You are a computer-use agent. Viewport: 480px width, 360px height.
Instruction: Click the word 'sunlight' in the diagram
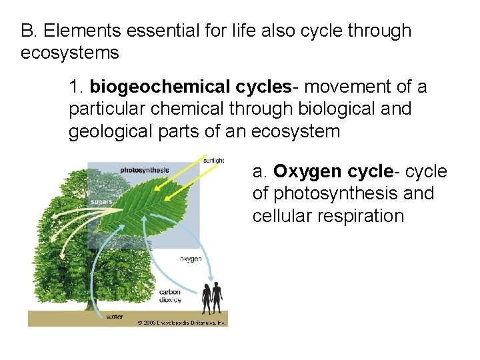coord(213,161)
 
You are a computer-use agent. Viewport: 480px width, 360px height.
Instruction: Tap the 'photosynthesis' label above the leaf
coord(144,171)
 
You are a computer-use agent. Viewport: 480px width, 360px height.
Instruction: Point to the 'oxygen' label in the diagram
coord(191,259)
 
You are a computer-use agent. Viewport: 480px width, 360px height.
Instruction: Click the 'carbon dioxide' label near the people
coord(169,296)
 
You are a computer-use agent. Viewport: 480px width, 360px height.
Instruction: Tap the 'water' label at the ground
coord(114,316)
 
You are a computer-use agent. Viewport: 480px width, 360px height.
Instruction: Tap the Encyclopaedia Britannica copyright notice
coord(181,322)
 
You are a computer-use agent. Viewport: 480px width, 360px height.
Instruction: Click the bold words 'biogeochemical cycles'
coord(191,87)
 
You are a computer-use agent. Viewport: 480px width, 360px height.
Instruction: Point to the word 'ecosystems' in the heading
coord(69,53)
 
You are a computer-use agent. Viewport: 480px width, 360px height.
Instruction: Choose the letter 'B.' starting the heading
coord(28,31)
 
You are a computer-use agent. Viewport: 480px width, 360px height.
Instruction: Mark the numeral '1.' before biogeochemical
coord(76,87)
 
